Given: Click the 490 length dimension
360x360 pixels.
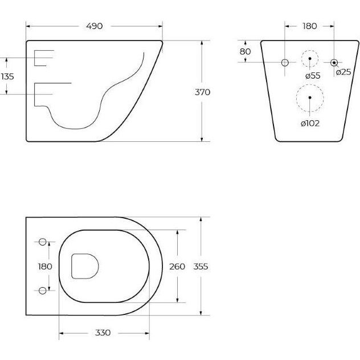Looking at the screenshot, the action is [95, 26].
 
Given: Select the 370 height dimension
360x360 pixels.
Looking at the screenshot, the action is [203, 92].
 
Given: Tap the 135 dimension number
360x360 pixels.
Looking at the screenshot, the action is [7, 76].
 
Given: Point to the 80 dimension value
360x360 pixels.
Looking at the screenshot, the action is [245, 52].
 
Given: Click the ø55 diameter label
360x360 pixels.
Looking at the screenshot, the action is [313, 76].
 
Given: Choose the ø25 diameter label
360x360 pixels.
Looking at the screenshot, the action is [343, 72].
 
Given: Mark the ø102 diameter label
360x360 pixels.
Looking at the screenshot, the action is [310, 124].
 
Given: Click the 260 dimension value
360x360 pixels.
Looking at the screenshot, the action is [177, 267].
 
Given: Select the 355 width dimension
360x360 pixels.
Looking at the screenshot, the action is [201, 267].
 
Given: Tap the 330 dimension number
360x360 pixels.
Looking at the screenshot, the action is [103, 333].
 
